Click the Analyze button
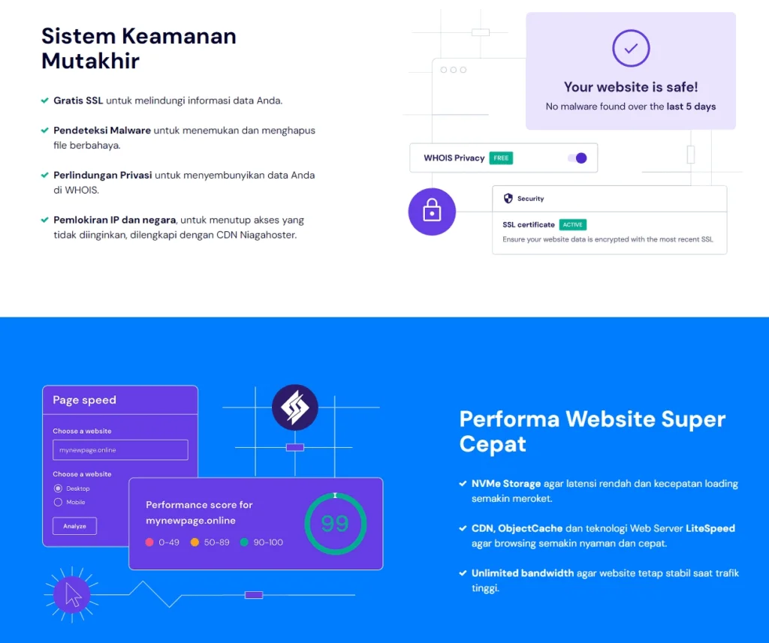coord(74,526)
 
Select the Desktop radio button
coord(58,488)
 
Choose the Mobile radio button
coord(58,502)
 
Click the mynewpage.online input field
coord(120,450)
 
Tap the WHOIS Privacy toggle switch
coord(578,158)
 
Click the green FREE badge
coord(501,158)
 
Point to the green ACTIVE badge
coord(572,224)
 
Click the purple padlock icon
coord(432,212)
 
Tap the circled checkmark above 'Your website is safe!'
coord(631,48)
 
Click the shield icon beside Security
coord(508,198)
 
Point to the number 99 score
coord(335,524)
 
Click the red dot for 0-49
coord(149,542)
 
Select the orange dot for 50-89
coord(195,542)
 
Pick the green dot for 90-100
coord(244,542)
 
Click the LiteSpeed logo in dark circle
coord(294,407)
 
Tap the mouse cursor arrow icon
coord(73,594)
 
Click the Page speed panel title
coord(84,400)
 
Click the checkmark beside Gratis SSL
coord(44,101)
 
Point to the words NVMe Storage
coord(506,484)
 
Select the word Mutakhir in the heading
coord(90,61)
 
